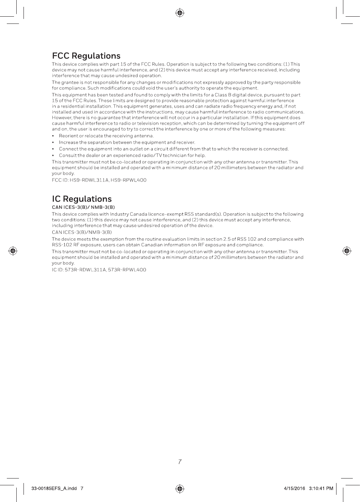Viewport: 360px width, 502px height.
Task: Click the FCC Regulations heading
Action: click(x=86, y=56)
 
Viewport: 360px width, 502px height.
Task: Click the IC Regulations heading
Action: click(x=82, y=199)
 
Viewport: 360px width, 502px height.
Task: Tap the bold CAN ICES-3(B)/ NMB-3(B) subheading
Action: click(x=83, y=207)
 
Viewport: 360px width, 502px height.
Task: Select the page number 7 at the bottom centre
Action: click(x=180, y=462)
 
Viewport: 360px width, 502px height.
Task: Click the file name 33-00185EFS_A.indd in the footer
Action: click(x=55, y=488)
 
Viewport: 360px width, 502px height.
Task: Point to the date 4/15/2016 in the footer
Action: click(x=294, y=488)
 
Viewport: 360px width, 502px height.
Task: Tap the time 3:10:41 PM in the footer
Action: click(x=321, y=488)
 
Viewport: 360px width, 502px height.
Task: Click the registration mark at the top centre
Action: click(x=180, y=13)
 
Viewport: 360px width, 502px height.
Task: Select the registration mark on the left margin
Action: click(x=13, y=251)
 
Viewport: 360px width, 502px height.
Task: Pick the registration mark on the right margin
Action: click(x=346, y=251)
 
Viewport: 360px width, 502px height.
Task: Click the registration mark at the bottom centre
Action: click(x=180, y=488)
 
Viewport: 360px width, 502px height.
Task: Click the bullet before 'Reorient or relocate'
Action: click(x=53, y=136)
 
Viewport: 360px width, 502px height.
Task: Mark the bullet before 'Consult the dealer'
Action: click(x=53, y=155)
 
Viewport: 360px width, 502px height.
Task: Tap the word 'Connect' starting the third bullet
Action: click(x=68, y=149)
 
